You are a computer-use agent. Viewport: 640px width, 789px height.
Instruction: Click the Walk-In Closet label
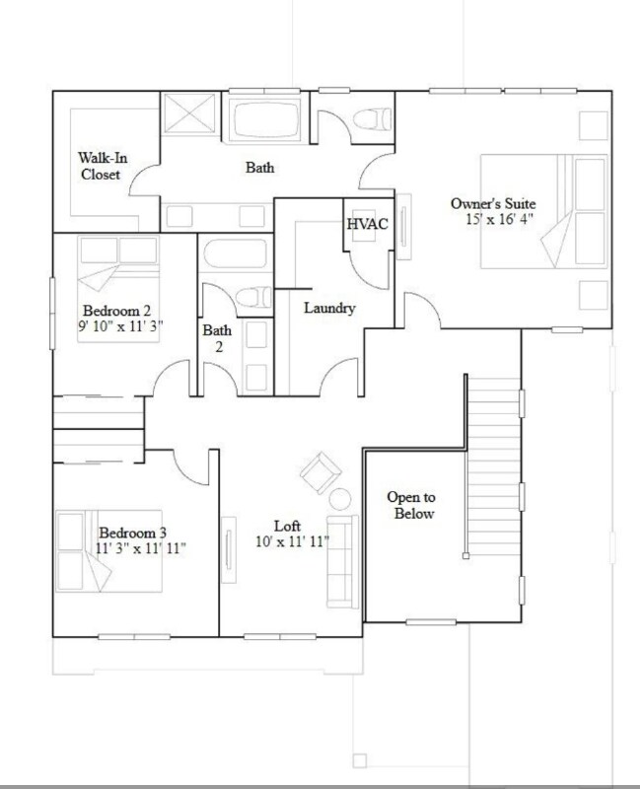100,166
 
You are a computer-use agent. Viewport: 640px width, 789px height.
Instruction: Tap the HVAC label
367,224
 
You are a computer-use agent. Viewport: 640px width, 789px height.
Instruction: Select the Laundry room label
328,308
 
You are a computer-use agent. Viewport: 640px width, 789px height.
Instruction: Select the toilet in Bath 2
255,296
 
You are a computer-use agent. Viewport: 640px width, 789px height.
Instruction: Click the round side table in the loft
340,499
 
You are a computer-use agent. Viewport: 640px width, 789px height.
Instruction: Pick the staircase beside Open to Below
490,473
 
